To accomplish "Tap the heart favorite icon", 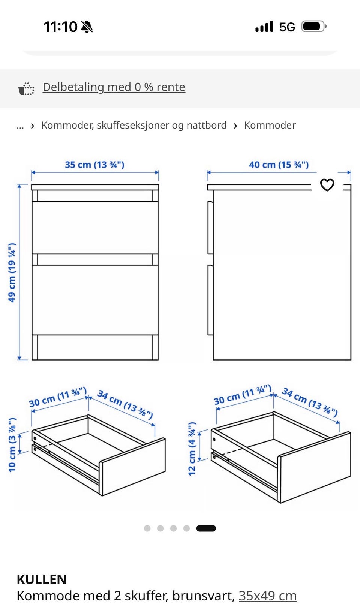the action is [x=327, y=185].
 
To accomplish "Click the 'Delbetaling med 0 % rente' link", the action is [x=114, y=87].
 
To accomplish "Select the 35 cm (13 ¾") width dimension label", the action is [x=94, y=165].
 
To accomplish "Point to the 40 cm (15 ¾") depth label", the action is [x=279, y=165].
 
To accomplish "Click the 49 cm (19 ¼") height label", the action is [x=12, y=273].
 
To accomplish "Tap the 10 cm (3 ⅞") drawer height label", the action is [x=12, y=445].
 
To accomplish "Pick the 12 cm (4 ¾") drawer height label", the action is [x=192, y=449].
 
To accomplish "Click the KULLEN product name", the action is [x=42, y=579].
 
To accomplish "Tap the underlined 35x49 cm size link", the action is [x=268, y=596].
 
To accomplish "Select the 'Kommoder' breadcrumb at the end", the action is [x=270, y=125].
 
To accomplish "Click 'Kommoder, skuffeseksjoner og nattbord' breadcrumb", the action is [x=134, y=125].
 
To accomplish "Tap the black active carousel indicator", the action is [x=206, y=528].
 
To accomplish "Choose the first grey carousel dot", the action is [x=147, y=528].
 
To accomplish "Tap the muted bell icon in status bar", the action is [x=87, y=27].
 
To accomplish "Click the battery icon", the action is [x=314, y=27].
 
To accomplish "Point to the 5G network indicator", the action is [x=287, y=27].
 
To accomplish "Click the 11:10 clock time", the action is [x=60, y=27].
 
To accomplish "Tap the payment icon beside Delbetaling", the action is [x=26, y=88].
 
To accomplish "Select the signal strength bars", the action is [x=264, y=26].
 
